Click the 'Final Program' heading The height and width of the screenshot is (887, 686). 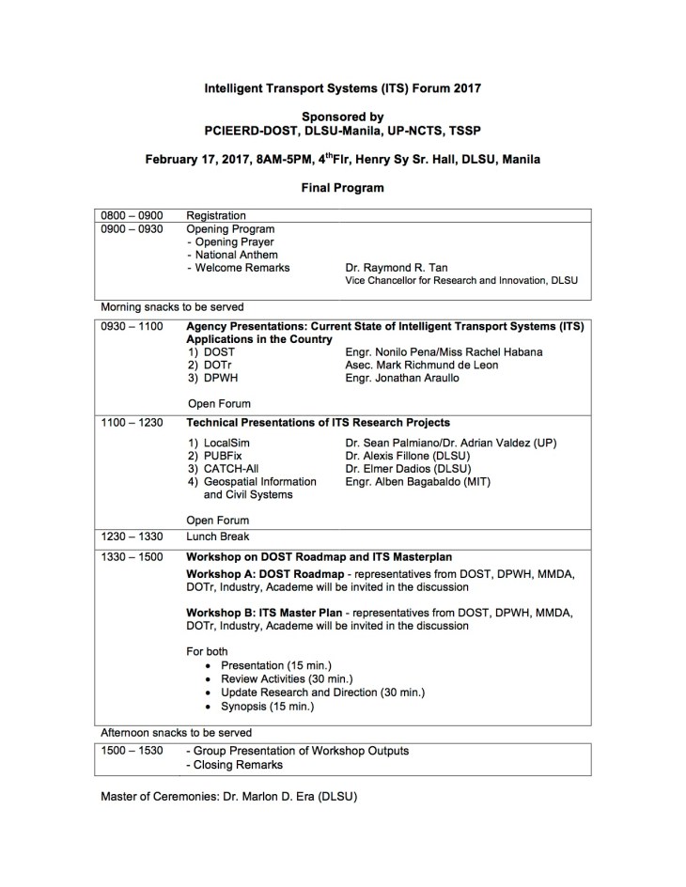342,188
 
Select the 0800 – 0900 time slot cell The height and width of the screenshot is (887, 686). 132,215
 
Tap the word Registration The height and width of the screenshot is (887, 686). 215,215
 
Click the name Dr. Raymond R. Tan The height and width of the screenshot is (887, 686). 398,267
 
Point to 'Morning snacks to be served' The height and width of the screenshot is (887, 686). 172,306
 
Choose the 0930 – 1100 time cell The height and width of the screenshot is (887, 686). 132,327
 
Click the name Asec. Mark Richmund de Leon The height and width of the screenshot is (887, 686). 429,366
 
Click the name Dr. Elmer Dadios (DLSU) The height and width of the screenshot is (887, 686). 408,468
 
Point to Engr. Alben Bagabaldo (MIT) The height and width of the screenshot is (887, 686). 417,481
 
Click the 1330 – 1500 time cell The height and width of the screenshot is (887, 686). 132,556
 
